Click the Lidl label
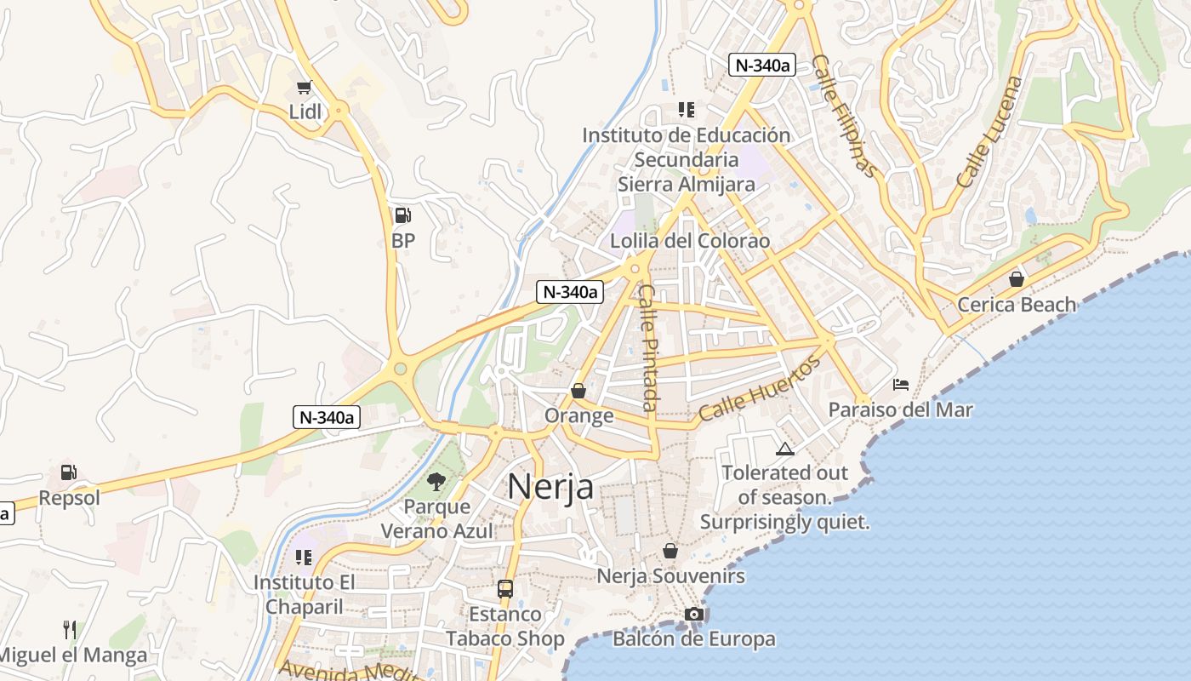[305, 112]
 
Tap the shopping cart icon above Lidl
[304, 87]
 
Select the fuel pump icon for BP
[403, 216]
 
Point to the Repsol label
[70, 498]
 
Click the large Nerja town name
[550, 487]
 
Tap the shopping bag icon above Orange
[578, 391]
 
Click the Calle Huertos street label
[761, 388]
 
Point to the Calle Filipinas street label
[843, 116]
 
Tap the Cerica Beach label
[1017, 305]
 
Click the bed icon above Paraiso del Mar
[901, 385]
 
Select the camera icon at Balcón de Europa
[693, 614]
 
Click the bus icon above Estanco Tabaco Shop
[505, 588]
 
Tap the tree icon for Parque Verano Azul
[436, 482]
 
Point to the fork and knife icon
[70, 630]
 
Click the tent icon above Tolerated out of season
[784, 449]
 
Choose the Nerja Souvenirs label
[670, 576]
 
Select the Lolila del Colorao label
[690, 241]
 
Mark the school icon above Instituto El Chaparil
[304, 558]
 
